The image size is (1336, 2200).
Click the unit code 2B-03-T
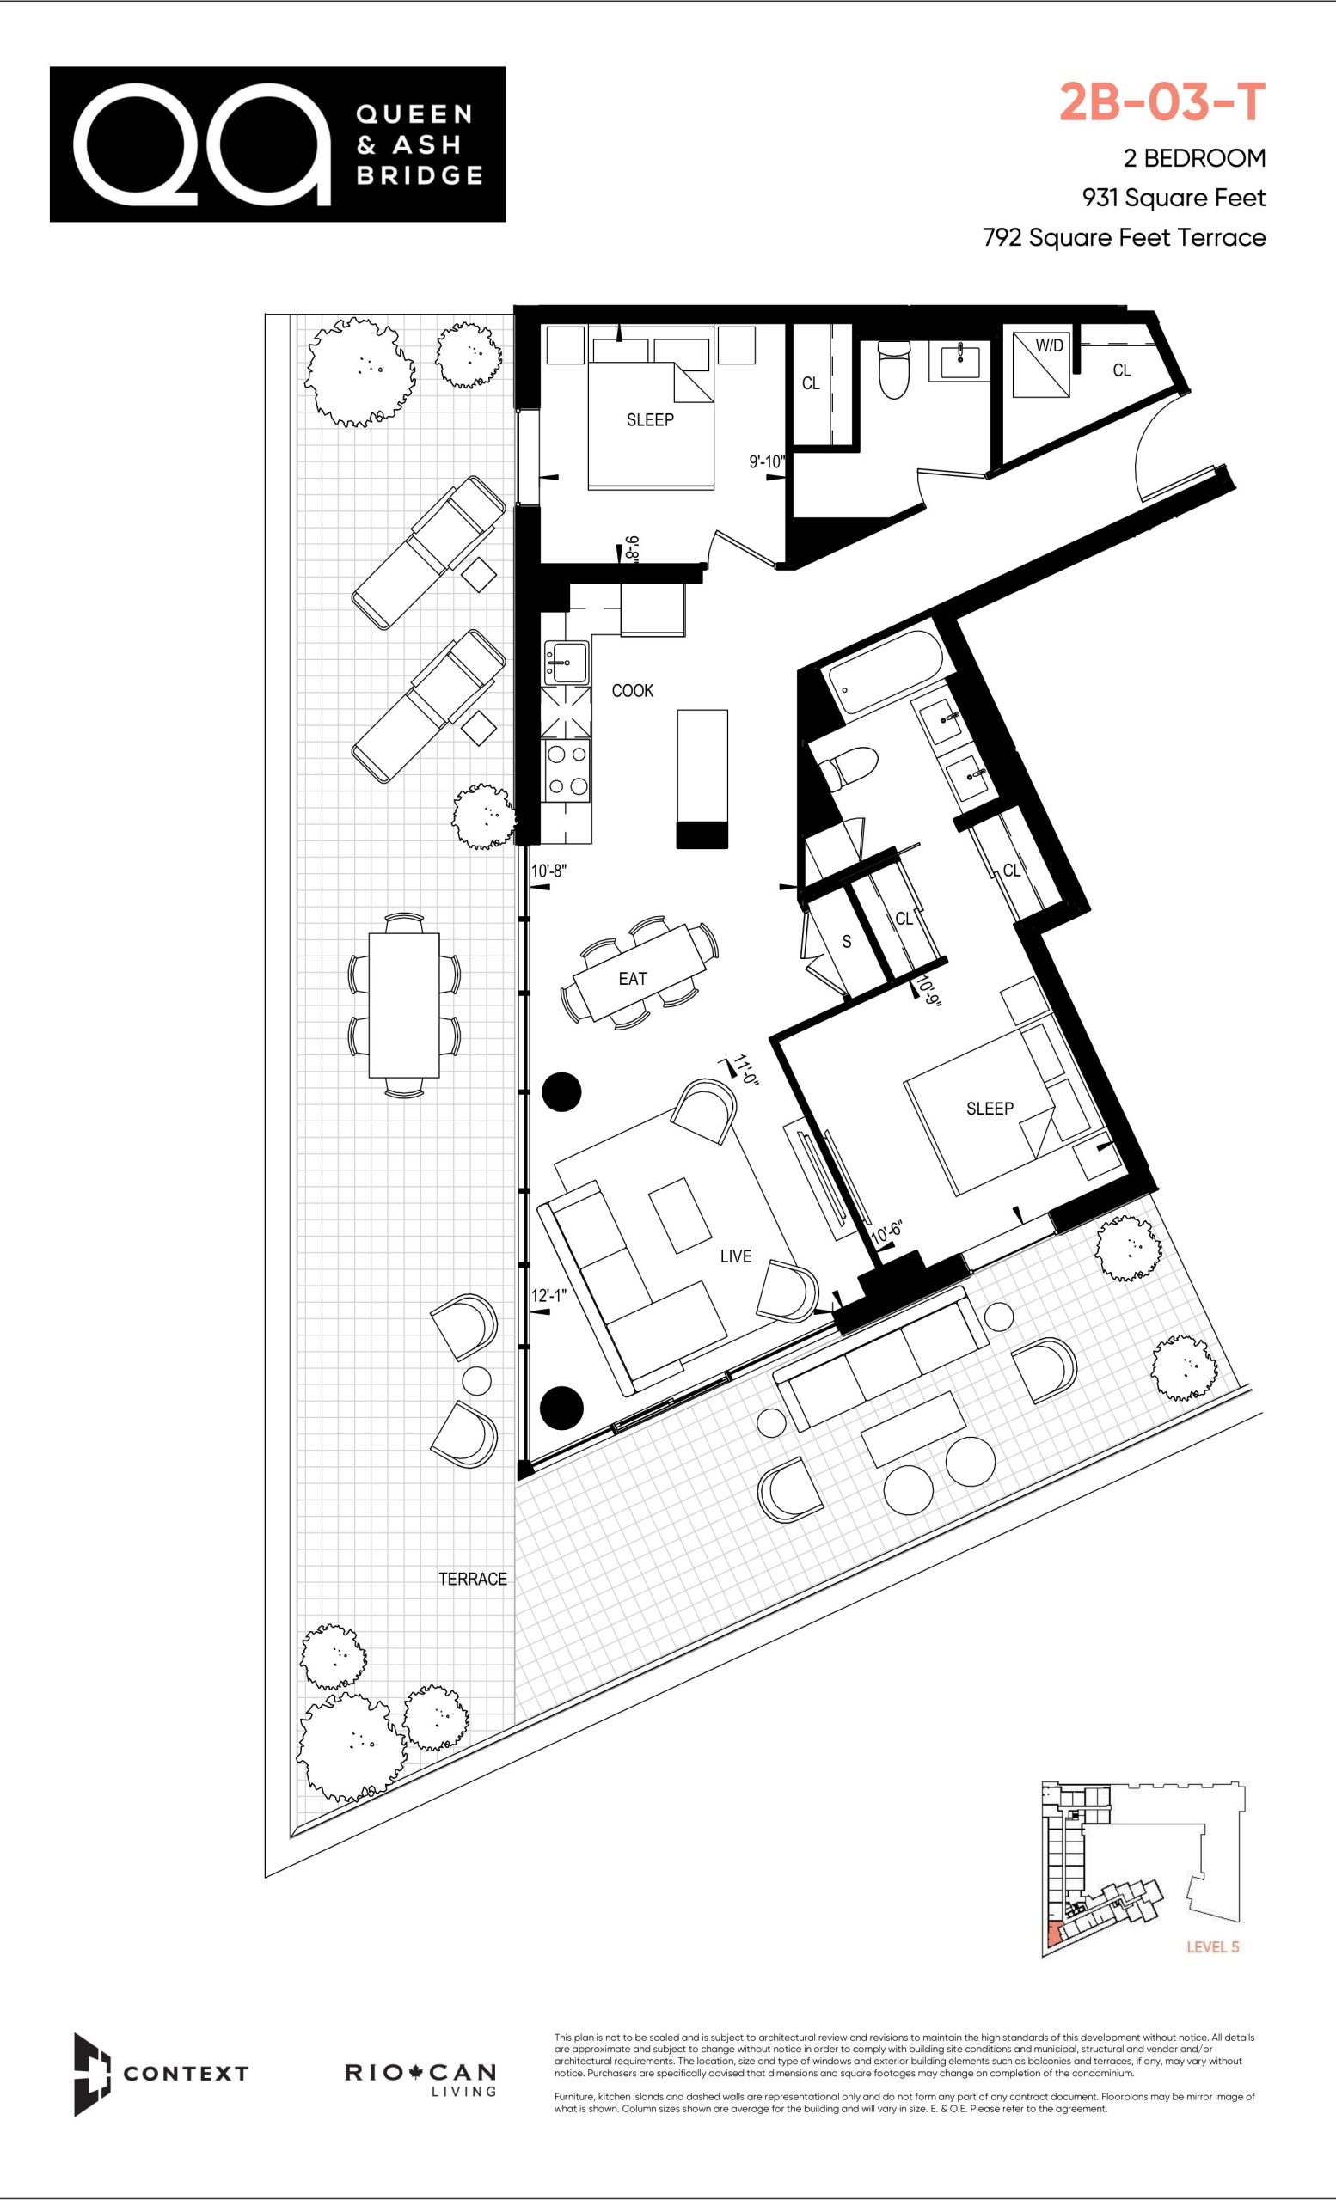coord(1161,101)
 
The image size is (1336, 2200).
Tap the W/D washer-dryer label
coord(1050,345)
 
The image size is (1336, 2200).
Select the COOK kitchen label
coord(632,690)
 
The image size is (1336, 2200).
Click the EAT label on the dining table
coord(632,979)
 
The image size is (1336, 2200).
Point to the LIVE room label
coord(736,1256)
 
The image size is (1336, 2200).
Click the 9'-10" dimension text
coord(766,461)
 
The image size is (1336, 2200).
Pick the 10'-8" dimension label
coord(549,871)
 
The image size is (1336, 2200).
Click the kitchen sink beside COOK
coord(566,662)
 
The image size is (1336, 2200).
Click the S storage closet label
coord(847,942)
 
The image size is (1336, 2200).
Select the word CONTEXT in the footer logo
coord(186,2073)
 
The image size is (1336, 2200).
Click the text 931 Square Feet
coord(1174,198)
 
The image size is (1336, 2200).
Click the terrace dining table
coord(405,1005)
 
